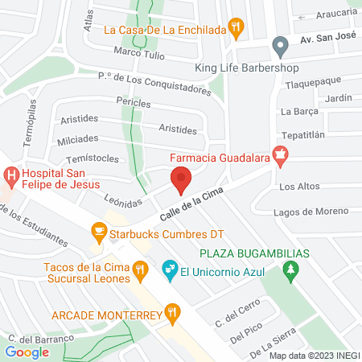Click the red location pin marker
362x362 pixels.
coord(181,180)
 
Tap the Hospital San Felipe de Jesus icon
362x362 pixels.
coord(11,173)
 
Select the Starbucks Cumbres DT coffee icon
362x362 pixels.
coord(99,233)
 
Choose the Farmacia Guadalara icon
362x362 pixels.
coord(280,156)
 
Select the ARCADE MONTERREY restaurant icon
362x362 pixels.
coord(171,312)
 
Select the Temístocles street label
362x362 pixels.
coord(94,159)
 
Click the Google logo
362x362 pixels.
coord(27,352)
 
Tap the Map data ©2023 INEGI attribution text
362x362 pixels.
coord(312,355)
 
